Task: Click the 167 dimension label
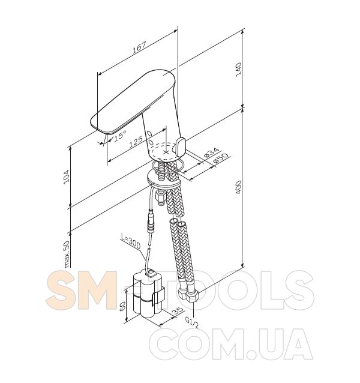(x=139, y=47)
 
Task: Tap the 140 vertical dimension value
(x=238, y=70)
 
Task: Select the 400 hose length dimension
(x=238, y=187)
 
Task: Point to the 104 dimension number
(x=67, y=177)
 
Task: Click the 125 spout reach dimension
(x=136, y=142)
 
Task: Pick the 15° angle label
(x=120, y=135)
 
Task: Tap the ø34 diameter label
(x=211, y=152)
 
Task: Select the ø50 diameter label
(x=220, y=158)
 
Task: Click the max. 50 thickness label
(x=67, y=255)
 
